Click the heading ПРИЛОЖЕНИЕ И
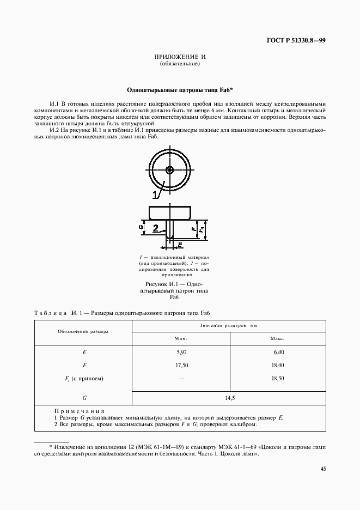(180, 57)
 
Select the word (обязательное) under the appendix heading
(180, 64)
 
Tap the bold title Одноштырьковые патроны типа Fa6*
(180, 89)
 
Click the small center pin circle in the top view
(170, 170)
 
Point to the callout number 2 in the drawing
(155, 228)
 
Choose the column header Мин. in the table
(181, 338)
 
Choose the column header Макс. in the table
(277, 338)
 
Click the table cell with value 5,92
(181, 353)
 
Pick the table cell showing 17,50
(181, 365)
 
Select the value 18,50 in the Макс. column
(277, 378)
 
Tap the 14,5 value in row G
(229, 398)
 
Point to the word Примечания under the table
(80, 411)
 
